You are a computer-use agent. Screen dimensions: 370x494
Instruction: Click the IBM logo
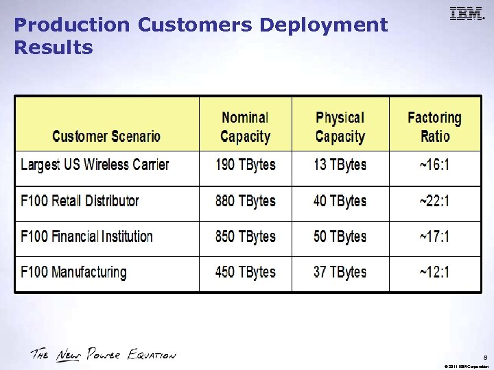pos(467,14)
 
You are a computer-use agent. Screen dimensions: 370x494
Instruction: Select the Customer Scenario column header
pos(106,136)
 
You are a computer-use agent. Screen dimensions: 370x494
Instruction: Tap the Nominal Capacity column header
pos(245,127)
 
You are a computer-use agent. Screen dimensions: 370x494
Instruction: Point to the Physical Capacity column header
pos(340,127)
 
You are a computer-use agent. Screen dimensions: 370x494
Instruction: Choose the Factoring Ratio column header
pos(434,127)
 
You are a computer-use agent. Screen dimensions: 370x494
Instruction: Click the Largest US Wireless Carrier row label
pos(95,164)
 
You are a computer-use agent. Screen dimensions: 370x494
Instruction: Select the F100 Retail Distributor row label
pos(80,201)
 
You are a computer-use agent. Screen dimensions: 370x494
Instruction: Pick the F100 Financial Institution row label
pos(86,237)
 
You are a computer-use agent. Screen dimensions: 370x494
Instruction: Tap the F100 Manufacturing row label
pos(73,273)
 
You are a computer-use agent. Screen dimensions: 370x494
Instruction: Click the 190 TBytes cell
pos(245,165)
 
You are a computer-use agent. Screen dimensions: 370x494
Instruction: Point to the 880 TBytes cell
pos(245,201)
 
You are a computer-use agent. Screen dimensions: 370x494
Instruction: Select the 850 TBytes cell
pos(245,237)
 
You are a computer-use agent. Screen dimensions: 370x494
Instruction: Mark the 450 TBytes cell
pos(245,273)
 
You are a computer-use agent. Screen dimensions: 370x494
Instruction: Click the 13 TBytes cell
pos(340,165)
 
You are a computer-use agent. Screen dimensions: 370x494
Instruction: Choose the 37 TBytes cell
pos(340,273)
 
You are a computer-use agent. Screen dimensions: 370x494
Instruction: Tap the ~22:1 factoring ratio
pos(434,201)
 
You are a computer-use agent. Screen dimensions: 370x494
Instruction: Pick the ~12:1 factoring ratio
pos(434,273)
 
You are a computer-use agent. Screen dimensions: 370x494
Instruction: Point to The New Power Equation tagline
pos(103,354)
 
